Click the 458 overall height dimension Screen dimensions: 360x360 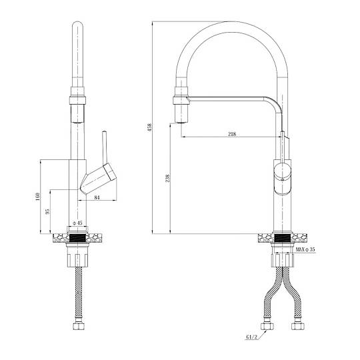tap(149, 127)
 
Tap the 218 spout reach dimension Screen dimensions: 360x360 tap(232, 134)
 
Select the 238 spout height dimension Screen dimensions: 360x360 tap(167, 179)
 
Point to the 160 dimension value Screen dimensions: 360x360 tap(37, 197)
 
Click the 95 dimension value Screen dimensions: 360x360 tap(47, 211)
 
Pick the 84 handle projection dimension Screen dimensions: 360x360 tap(97, 197)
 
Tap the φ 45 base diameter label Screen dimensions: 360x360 tap(77, 223)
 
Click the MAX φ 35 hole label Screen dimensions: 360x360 tap(305, 249)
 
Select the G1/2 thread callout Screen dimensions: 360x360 tap(252, 337)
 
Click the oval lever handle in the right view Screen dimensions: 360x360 tap(283, 179)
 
